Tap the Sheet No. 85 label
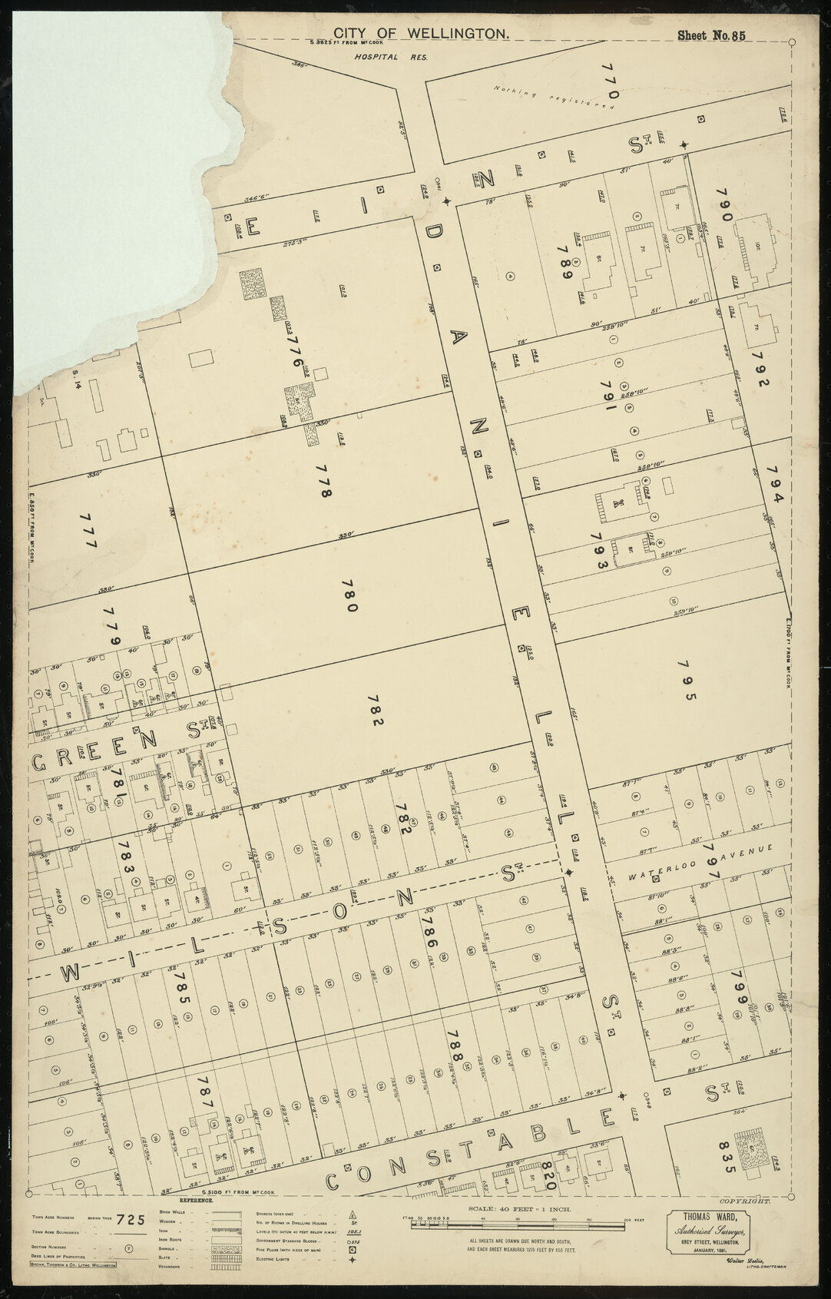pyautogui.click(x=710, y=35)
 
